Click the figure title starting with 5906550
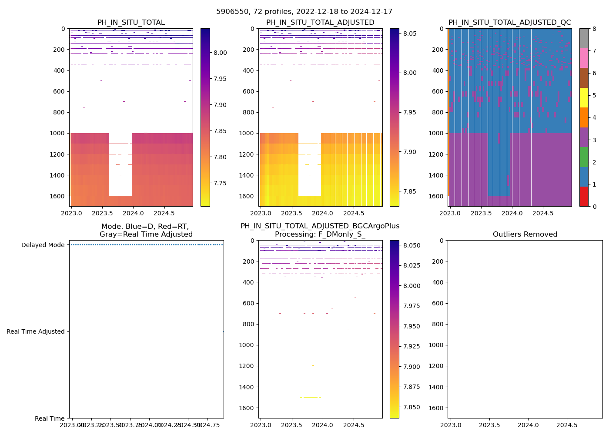coord(304,12)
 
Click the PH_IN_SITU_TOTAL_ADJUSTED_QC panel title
coord(509,23)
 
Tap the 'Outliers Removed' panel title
coord(525,234)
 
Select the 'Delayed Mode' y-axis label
coord(43,245)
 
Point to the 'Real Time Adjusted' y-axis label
coord(35,331)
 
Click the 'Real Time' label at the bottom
coord(50,418)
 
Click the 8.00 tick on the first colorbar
coord(221,53)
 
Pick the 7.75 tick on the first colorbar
coord(221,183)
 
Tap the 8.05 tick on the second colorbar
coord(410,33)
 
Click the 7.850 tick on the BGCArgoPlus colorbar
coord(412,407)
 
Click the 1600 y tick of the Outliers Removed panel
coord(438,408)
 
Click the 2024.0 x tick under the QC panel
coord(512,213)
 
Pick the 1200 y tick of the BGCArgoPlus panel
coord(248,366)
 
